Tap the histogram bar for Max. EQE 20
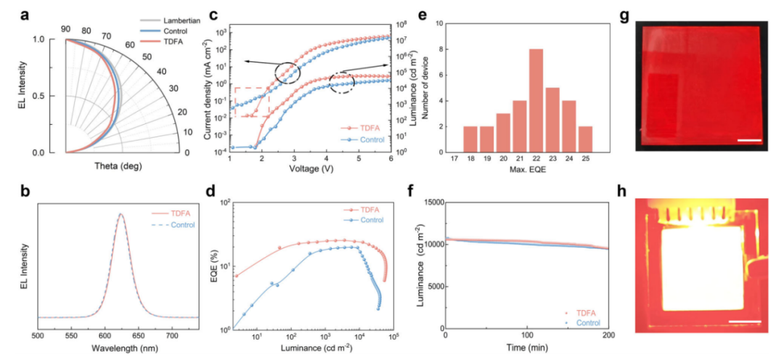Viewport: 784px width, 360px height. coord(502,133)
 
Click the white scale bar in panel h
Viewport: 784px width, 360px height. coord(745,322)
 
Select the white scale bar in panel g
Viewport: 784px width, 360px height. coord(749,141)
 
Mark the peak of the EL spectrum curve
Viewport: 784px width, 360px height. coord(121,213)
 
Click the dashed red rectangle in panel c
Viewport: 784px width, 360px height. coord(252,102)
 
